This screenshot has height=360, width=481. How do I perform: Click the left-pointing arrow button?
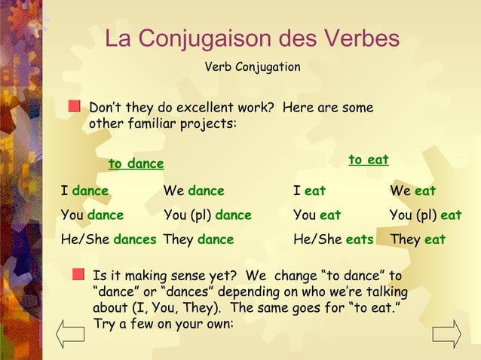71,333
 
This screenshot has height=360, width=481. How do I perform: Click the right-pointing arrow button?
446,333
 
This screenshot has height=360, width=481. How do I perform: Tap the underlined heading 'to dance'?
136,163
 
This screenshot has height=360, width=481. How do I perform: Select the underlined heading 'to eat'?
368,160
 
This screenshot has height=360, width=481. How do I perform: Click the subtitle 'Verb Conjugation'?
253,67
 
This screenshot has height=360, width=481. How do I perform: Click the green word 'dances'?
135,239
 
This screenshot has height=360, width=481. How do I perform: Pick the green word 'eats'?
360,239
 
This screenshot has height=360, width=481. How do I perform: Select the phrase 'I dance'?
84,191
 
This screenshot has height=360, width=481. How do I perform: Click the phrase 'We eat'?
412,191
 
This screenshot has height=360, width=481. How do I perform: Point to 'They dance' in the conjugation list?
198,239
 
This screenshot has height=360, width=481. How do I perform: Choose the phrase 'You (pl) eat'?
425,215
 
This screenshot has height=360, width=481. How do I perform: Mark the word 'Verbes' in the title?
362,38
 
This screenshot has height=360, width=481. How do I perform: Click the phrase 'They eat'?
417,239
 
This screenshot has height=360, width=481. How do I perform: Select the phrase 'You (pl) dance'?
207,215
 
